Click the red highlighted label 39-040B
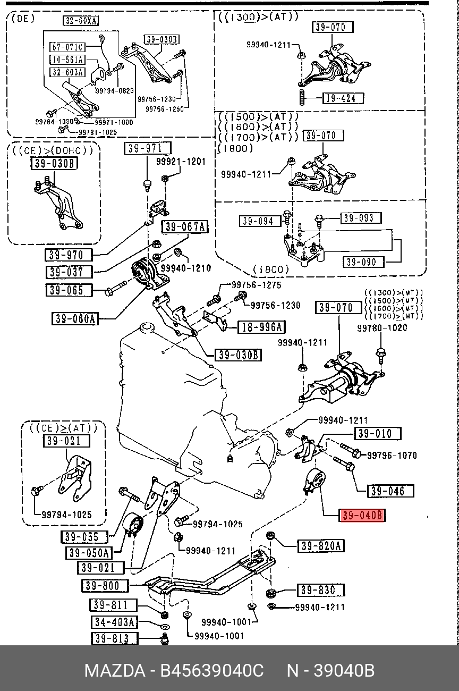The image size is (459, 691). click(362, 515)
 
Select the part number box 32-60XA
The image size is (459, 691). click(82, 21)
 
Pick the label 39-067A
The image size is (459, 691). click(184, 227)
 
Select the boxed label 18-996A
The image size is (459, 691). click(261, 327)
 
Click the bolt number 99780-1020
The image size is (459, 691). click(382, 328)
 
